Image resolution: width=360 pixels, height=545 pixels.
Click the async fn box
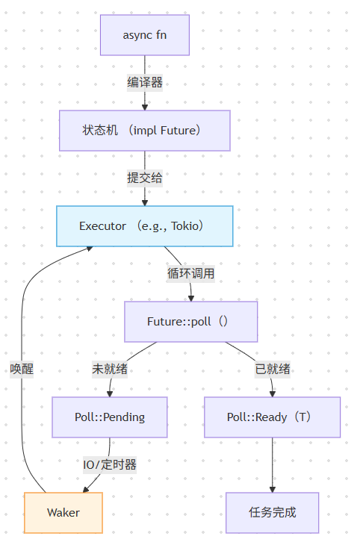coord(144,35)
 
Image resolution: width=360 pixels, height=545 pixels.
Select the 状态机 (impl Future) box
coord(144,131)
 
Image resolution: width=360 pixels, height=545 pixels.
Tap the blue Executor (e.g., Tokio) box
coord(144,225)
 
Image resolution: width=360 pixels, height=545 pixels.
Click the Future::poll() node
coord(190,321)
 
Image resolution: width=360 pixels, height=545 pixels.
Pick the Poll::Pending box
coord(109,417)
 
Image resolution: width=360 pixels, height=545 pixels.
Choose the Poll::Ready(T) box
coord(272,417)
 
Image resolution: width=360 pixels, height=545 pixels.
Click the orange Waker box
coord(63,512)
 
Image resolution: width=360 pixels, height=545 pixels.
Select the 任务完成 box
coord(272,512)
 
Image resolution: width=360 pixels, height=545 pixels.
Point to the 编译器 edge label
coord(144,83)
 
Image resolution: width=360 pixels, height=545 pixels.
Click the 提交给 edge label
coord(144,178)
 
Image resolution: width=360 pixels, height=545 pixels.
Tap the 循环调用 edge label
coord(190,273)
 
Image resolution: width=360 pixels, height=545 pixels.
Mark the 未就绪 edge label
coord(109,369)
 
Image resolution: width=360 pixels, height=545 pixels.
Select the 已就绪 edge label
coord(273,369)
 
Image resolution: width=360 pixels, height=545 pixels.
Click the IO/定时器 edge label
coord(109,464)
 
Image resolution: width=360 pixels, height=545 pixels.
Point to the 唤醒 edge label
coord(22,369)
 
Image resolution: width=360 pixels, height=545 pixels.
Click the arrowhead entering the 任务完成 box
coord(272,488)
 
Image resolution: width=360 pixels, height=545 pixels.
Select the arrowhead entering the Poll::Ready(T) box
coord(272,393)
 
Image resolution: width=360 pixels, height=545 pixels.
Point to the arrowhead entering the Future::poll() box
coord(190,297)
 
